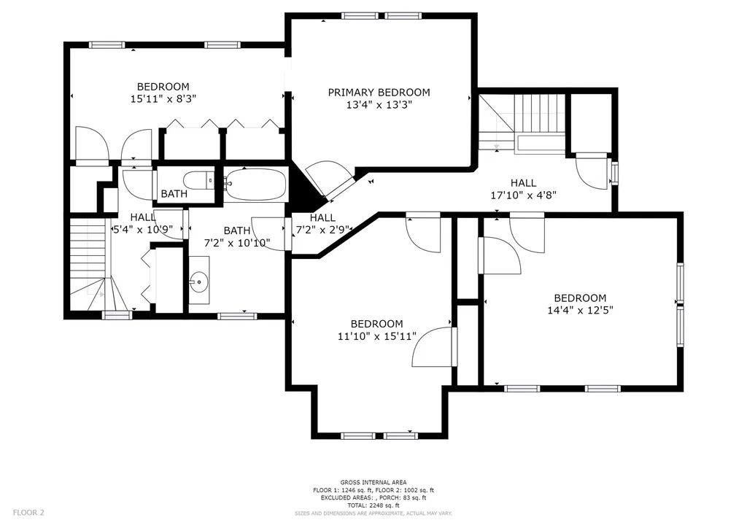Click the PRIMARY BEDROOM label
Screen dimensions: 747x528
click(379, 93)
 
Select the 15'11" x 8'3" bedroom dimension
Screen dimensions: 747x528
click(163, 99)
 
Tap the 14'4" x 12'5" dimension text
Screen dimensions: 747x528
click(580, 311)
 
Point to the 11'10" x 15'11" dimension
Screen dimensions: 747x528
click(377, 336)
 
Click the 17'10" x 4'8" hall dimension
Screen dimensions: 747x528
click(523, 195)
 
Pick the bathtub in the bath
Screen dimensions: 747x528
click(256, 185)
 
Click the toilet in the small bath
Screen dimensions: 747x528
click(200, 180)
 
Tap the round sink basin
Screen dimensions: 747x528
click(198, 282)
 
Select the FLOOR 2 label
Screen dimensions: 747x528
click(28, 513)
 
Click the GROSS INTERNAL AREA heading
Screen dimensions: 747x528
click(373, 482)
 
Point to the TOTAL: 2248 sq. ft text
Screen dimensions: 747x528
click(373, 505)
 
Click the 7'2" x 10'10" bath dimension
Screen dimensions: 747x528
click(237, 244)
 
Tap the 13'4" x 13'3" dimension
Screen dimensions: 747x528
click(379, 105)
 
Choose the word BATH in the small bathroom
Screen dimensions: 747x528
click(174, 194)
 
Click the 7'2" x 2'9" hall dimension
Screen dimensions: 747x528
click(323, 230)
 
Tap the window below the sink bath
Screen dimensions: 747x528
click(237, 316)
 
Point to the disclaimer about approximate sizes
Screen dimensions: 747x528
click(373, 513)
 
